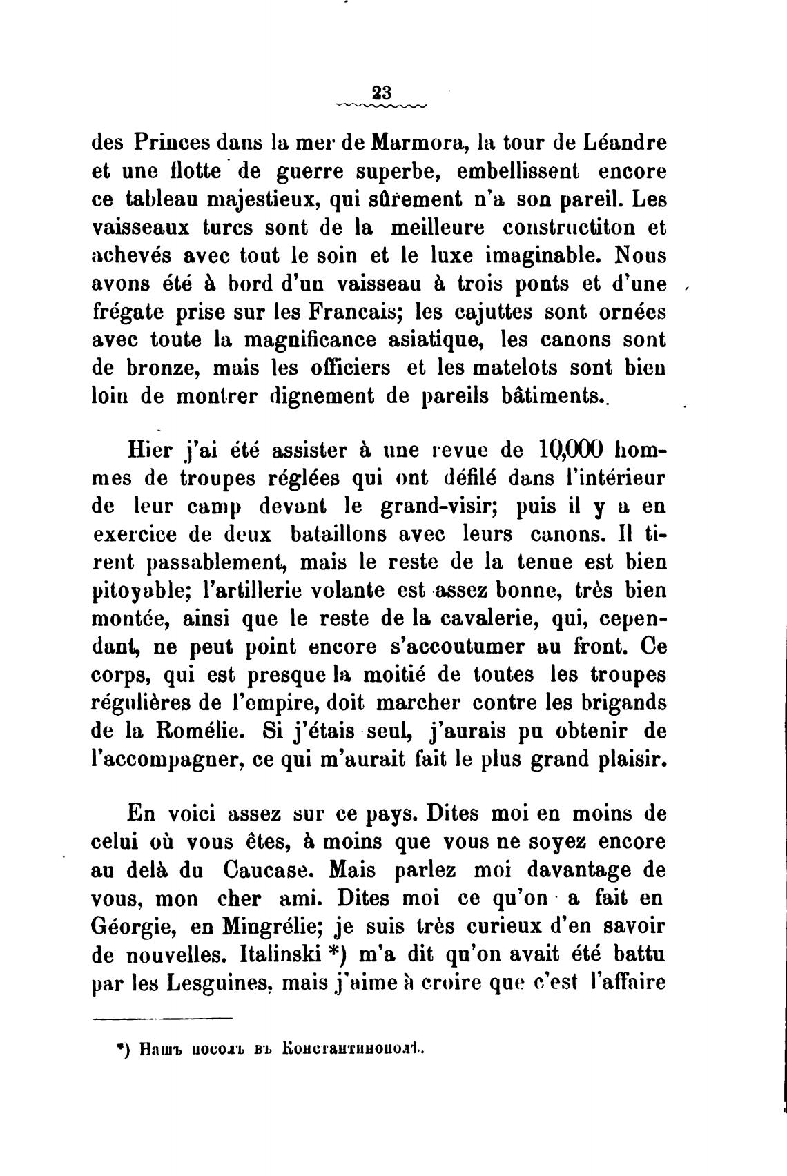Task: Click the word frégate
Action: tap(126, 312)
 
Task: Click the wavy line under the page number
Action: tap(381, 106)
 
